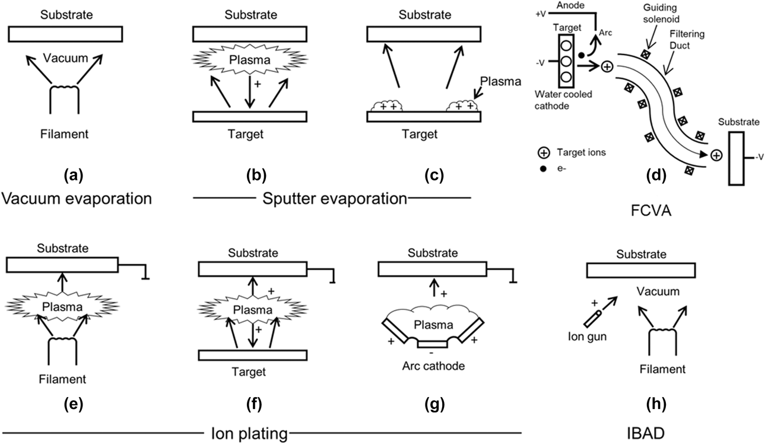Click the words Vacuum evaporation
click(x=77, y=199)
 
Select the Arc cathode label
click(x=431, y=366)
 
